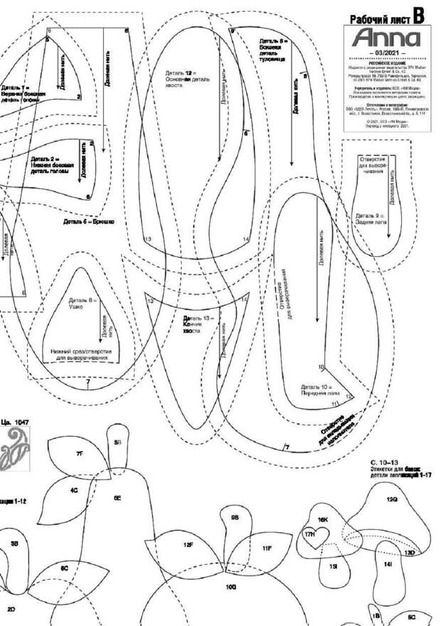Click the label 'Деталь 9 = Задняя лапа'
(x=370, y=217)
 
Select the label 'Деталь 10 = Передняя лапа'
(x=317, y=390)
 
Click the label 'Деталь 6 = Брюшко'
(x=88, y=221)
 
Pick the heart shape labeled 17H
(x=309, y=535)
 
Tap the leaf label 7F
(x=79, y=453)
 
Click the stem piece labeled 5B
(x=118, y=442)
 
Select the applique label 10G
(x=230, y=588)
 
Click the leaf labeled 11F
(x=266, y=548)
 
